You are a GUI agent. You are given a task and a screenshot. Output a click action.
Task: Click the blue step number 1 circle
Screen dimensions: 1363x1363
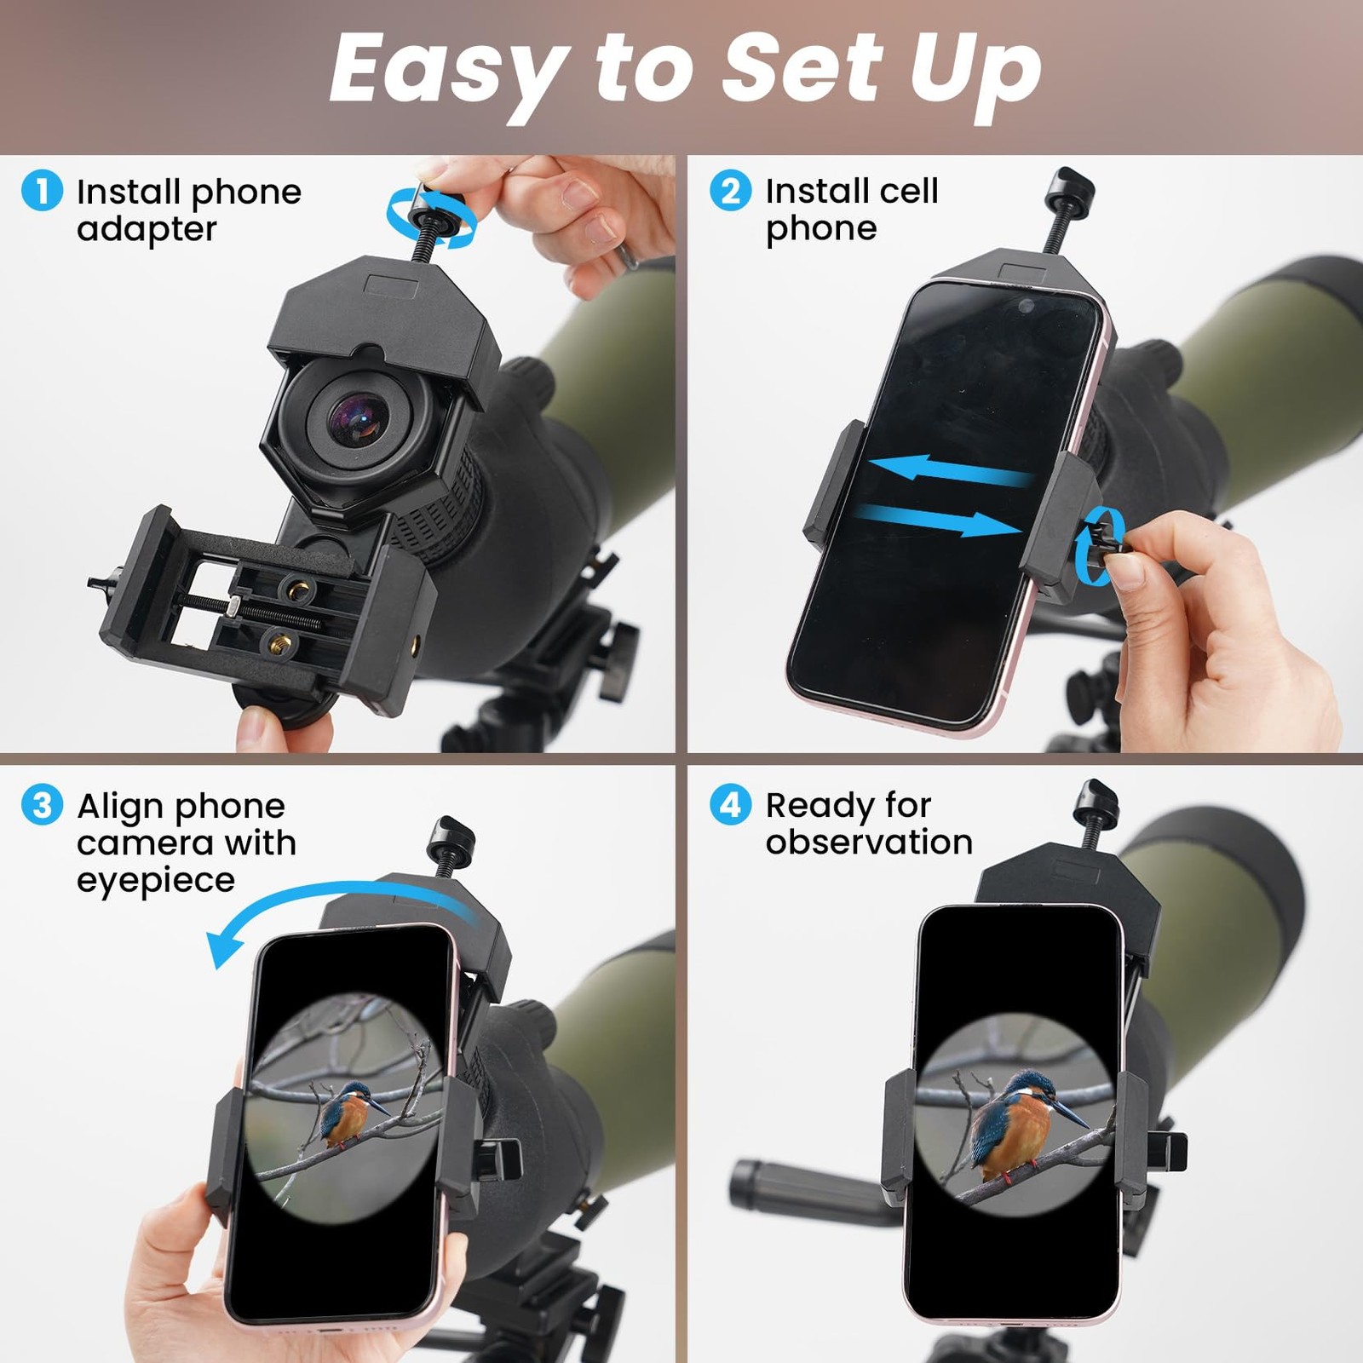pyautogui.click(x=42, y=190)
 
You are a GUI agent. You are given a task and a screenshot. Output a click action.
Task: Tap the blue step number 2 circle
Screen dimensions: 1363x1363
pyautogui.click(x=730, y=190)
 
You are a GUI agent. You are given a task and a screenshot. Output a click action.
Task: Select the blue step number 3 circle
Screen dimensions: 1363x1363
pyautogui.click(x=42, y=805)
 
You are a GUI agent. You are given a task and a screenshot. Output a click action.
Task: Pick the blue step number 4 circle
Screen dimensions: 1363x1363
pyautogui.click(x=730, y=805)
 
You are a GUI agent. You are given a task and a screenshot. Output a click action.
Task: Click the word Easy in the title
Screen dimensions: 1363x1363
pyautogui.click(x=448, y=70)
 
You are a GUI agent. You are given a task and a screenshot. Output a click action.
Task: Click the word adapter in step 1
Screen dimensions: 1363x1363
pyautogui.click(x=147, y=230)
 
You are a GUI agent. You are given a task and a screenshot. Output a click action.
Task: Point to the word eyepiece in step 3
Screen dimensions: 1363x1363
pyautogui.click(x=155, y=881)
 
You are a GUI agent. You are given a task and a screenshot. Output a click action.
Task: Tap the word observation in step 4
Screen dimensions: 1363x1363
pyautogui.click(x=869, y=843)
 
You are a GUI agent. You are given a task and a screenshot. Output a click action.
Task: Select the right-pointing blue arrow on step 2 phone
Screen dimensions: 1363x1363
pyautogui.click(x=946, y=520)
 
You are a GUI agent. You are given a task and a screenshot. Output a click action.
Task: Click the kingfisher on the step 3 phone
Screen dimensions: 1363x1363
pyautogui.click(x=349, y=1113)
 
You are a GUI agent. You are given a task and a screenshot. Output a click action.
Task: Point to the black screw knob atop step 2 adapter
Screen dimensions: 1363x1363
pyautogui.click(x=1070, y=187)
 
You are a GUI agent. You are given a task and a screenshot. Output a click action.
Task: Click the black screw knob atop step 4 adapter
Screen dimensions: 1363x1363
pyautogui.click(x=1096, y=801)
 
